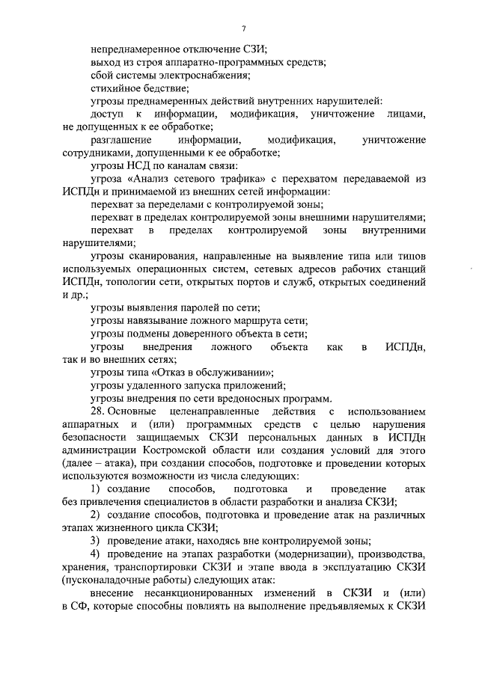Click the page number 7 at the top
(244, 28)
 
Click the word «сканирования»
(163, 256)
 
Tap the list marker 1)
(96, 488)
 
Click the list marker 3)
(95, 540)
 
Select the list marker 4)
(95, 554)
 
